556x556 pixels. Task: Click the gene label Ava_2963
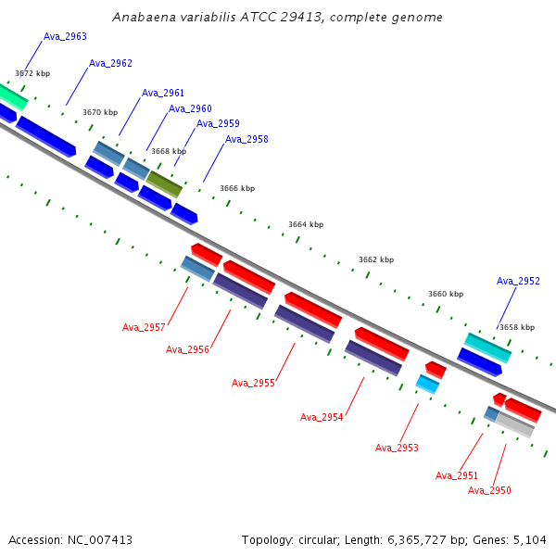coord(65,36)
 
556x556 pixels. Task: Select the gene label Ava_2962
coord(110,63)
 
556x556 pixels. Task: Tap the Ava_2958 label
coord(246,139)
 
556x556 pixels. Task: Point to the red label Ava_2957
coord(144,327)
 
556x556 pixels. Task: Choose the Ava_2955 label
coord(253,383)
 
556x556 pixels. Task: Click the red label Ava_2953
coord(397,448)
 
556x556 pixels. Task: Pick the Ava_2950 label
coord(489,490)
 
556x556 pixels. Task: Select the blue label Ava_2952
coord(518,281)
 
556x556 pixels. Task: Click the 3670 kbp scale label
coord(100,112)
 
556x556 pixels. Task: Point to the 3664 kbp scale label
coord(306,224)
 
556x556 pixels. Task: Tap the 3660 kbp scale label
coord(446,294)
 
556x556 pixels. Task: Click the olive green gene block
coord(164,184)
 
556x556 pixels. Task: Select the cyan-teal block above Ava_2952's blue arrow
coord(487,347)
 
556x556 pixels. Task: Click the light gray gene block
coord(515,424)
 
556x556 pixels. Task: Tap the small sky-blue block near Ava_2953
coord(427,384)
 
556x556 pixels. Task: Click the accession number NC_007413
coord(100,540)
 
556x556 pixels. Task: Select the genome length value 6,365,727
coord(417,540)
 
